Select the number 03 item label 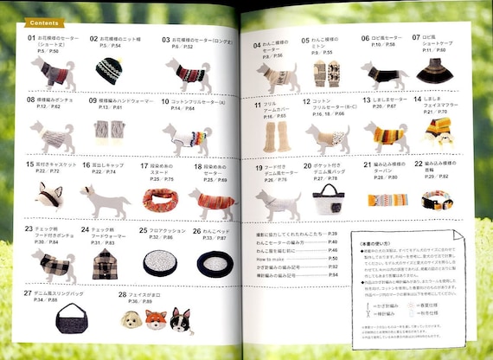coord(166,39)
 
